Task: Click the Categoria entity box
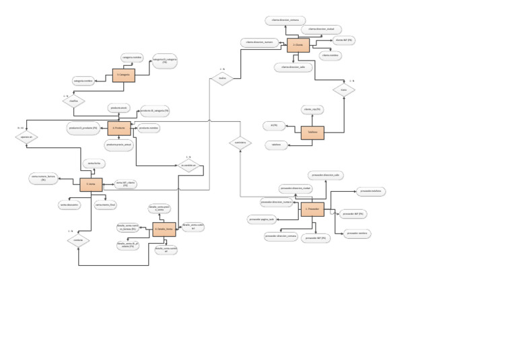(x=124, y=75)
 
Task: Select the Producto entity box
(x=119, y=129)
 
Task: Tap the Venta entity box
(x=91, y=185)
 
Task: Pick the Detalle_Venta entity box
(x=164, y=229)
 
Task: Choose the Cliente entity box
(x=298, y=46)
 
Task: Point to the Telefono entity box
(x=312, y=133)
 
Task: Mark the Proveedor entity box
(x=312, y=210)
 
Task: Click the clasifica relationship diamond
(x=75, y=102)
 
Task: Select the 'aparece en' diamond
(x=26, y=137)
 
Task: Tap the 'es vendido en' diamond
(x=189, y=165)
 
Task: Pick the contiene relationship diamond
(x=78, y=240)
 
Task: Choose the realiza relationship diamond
(x=221, y=79)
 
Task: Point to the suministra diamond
(x=239, y=143)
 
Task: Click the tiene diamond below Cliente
(x=343, y=89)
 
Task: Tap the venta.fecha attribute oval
(x=93, y=164)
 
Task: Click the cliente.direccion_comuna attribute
(x=285, y=20)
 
